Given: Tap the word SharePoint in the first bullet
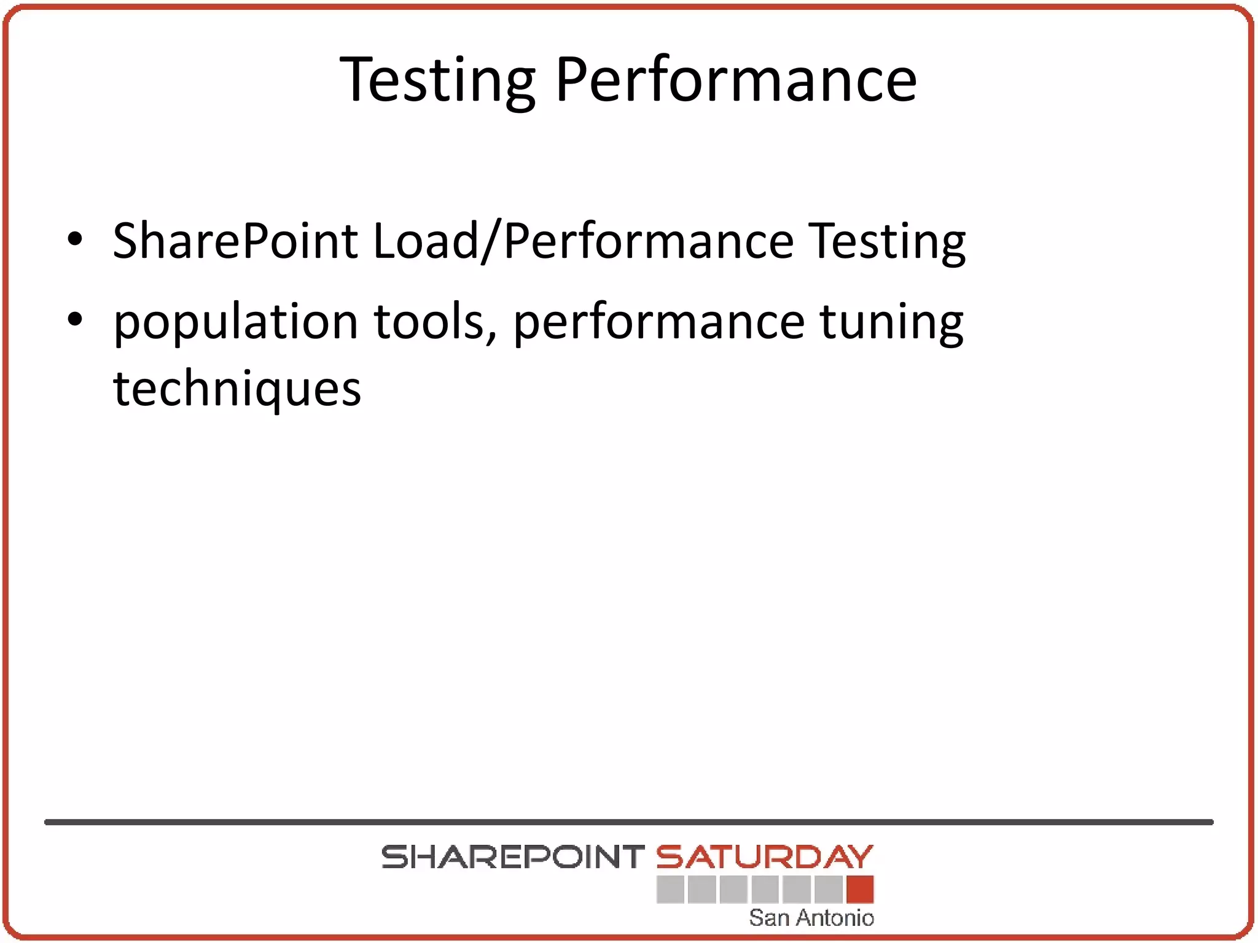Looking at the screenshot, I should (x=235, y=241).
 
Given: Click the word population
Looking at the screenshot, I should (x=236, y=323).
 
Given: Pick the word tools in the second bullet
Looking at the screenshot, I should (x=430, y=322).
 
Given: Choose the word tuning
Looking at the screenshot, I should (x=891, y=323).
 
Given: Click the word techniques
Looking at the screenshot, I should (x=237, y=389).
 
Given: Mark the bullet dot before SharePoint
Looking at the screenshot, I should (x=75, y=240).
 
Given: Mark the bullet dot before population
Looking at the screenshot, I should (x=75, y=320).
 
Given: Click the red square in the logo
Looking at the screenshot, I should (x=860, y=890).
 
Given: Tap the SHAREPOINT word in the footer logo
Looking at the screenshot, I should (x=513, y=856).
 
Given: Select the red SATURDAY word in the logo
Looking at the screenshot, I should (x=765, y=856).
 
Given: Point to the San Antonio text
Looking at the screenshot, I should (x=811, y=918).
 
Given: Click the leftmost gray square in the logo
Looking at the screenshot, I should (x=670, y=890).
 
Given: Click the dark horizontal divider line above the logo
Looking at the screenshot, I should (x=629, y=822).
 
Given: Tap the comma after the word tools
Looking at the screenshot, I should (x=491, y=338).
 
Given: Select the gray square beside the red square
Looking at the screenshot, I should (x=829, y=890).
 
